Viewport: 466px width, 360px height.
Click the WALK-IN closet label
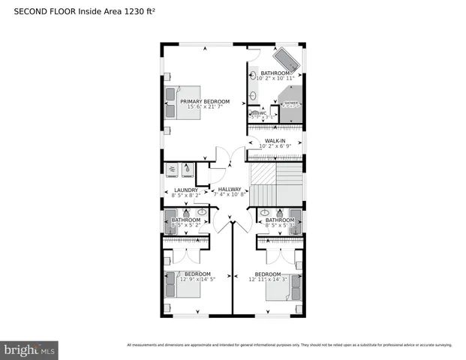(275, 140)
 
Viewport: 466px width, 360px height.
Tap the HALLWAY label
(229, 189)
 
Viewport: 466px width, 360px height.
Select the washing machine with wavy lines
(170, 169)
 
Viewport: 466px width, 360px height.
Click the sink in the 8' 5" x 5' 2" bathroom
(202, 212)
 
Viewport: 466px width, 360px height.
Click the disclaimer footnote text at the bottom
(289, 345)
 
